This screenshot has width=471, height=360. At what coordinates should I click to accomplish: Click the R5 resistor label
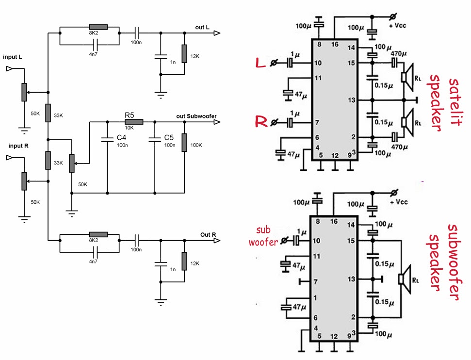(x=130, y=115)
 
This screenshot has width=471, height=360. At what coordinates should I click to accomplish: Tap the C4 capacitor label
(x=121, y=138)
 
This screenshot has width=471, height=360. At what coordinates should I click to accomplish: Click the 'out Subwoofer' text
(x=196, y=116)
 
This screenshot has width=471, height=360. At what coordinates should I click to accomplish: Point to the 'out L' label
(x=202, y=28)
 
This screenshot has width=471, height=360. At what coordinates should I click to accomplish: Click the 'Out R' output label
(x=208, y=235)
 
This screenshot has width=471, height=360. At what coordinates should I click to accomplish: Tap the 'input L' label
(x=12, y=57)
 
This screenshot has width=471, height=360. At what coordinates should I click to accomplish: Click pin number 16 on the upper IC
(x=334, y=45)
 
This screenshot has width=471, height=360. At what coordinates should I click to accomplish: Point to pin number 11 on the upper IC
(x=318, y=78)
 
